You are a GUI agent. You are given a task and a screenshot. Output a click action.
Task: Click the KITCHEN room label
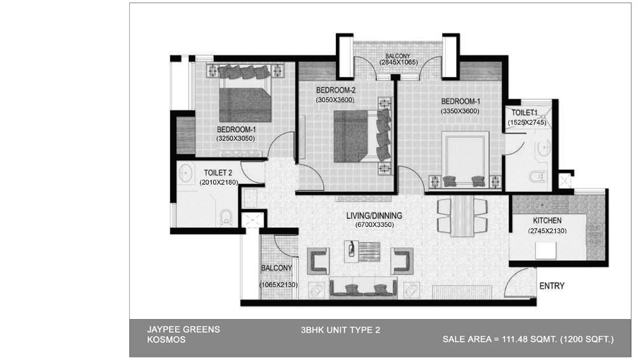click(547, 220)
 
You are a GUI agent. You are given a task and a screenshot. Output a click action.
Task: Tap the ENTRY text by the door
click(551, 286)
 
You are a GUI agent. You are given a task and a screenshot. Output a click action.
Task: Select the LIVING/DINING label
click(374, 216)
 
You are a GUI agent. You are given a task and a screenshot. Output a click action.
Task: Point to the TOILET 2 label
click(218, 173)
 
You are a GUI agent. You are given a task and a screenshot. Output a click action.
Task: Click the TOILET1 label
click(525, 113)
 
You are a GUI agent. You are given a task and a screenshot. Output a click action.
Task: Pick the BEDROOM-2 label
click(336, 90)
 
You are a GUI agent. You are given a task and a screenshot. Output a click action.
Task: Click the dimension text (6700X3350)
click(375, 225)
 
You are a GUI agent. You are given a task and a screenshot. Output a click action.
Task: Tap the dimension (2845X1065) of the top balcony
click(398, 62)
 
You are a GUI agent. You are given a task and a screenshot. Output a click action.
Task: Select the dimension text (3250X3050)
click(236, 139)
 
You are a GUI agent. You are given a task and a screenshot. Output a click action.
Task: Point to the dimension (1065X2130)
click(279, 285)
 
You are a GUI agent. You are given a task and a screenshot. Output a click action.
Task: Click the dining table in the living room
click(462, 217)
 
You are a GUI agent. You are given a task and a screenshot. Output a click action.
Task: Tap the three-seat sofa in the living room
click(363, 288)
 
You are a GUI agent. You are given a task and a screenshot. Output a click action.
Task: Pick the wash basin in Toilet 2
click(185, 174)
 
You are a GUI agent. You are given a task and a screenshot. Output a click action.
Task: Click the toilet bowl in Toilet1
click(537, 177)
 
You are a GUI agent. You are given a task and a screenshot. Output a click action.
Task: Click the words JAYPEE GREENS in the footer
click(183, 329)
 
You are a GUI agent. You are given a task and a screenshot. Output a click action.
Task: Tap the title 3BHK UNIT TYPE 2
click(341, 330)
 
